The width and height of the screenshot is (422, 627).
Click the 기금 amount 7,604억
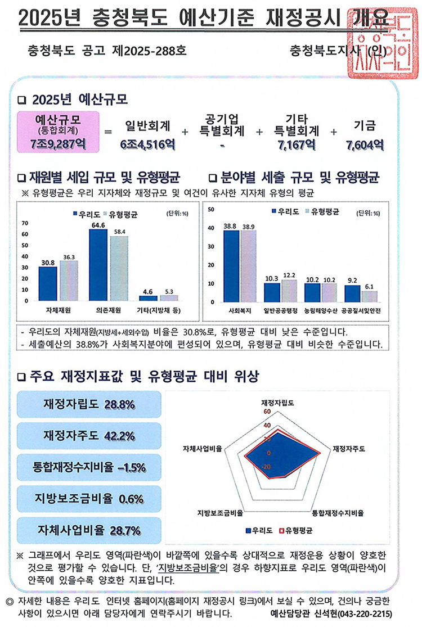click(x=365, y=145)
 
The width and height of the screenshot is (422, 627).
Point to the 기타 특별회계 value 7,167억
click(x=296, y=145)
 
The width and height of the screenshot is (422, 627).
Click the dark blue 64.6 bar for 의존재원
click(x=98, y=264)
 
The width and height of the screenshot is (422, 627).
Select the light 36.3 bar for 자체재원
click(x=69, y=281)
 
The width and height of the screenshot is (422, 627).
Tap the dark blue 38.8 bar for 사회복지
click(x=231, y=265)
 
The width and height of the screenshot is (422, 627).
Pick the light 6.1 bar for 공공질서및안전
click(x=370, y=296)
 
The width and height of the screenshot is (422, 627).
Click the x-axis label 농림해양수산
click(x=320, y=310)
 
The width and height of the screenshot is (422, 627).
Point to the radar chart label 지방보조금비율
click(x=220, y=513)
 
